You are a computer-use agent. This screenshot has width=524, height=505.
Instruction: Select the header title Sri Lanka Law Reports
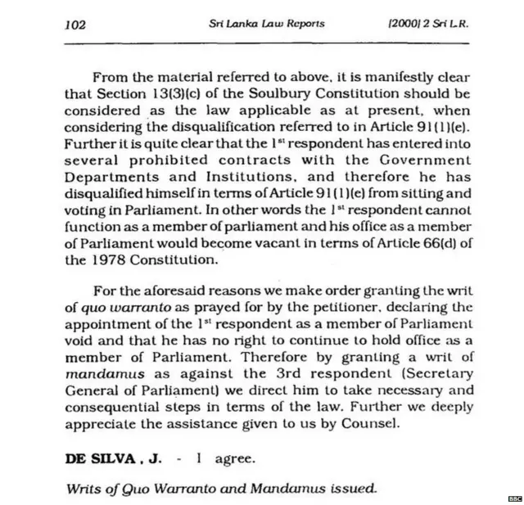(267, 24)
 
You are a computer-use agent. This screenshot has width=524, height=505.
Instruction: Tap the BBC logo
(514, 498)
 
